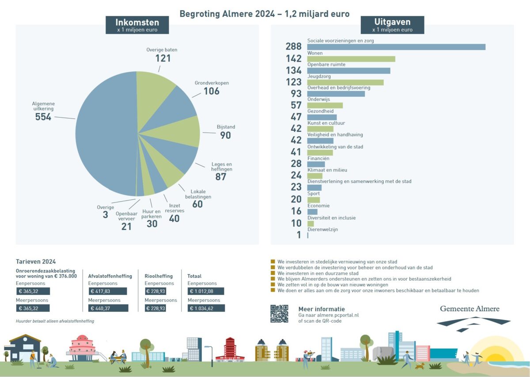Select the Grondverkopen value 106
211,91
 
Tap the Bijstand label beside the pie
226,127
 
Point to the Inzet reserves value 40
174,218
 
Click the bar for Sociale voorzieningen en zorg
396,47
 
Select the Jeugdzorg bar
345,82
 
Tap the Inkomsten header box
137,25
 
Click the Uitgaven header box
392,25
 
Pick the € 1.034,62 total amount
205,308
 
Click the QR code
279,313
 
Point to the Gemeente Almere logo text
469,308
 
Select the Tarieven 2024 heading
36,262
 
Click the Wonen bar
351,59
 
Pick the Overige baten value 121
163,58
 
